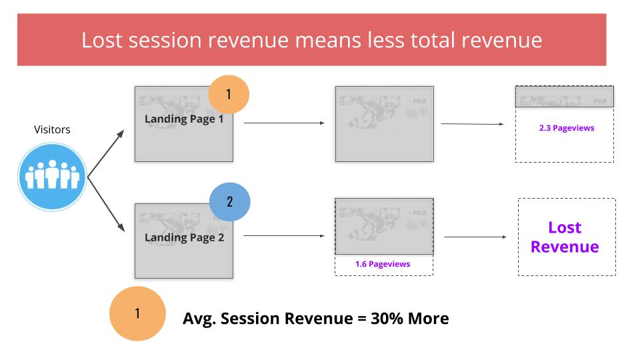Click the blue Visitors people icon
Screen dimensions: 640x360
pos(52,177)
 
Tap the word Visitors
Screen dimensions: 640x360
pos(52,129)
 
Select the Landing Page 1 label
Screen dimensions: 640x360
pos(184,119)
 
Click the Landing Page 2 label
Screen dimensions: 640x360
pos(185,237)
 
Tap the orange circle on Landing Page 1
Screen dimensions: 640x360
pos(229,94)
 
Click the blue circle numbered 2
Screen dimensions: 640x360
pos(230,201)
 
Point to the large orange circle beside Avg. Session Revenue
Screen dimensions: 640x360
pos(137,313)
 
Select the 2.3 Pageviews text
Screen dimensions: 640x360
pos(567,128)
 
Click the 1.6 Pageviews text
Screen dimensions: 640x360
pos(383,264)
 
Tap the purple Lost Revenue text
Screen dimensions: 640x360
pos(565,237)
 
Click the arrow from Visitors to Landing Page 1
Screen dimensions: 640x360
pos(106,153)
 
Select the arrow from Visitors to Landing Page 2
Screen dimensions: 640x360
pos(106,204)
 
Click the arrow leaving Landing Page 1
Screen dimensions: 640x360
pos(284,123)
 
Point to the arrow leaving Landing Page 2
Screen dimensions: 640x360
pos(284,235)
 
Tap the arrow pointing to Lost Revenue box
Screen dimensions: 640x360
pos(475,237)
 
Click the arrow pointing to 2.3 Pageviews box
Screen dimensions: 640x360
pos(473,124)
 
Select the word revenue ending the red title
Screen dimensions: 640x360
pos(501,41)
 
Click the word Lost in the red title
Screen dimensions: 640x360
pos(101,41)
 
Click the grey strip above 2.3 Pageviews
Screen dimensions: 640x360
pos(565,97)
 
